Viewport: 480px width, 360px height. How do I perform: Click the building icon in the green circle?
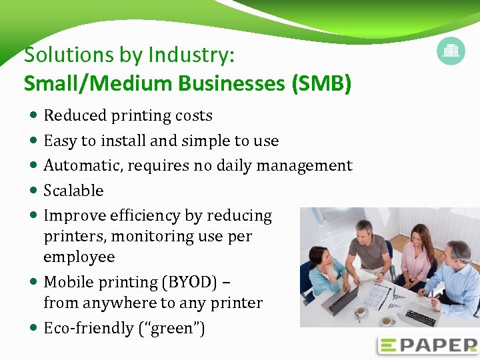(451, 51)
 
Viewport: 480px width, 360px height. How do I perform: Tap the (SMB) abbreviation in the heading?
(321, 84)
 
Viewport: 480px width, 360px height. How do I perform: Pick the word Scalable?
(73, 191)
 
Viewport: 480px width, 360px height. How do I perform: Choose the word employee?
(79, 257)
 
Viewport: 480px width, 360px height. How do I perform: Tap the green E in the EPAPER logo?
(388, 345)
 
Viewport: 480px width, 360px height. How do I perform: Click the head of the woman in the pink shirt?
(418, 235)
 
